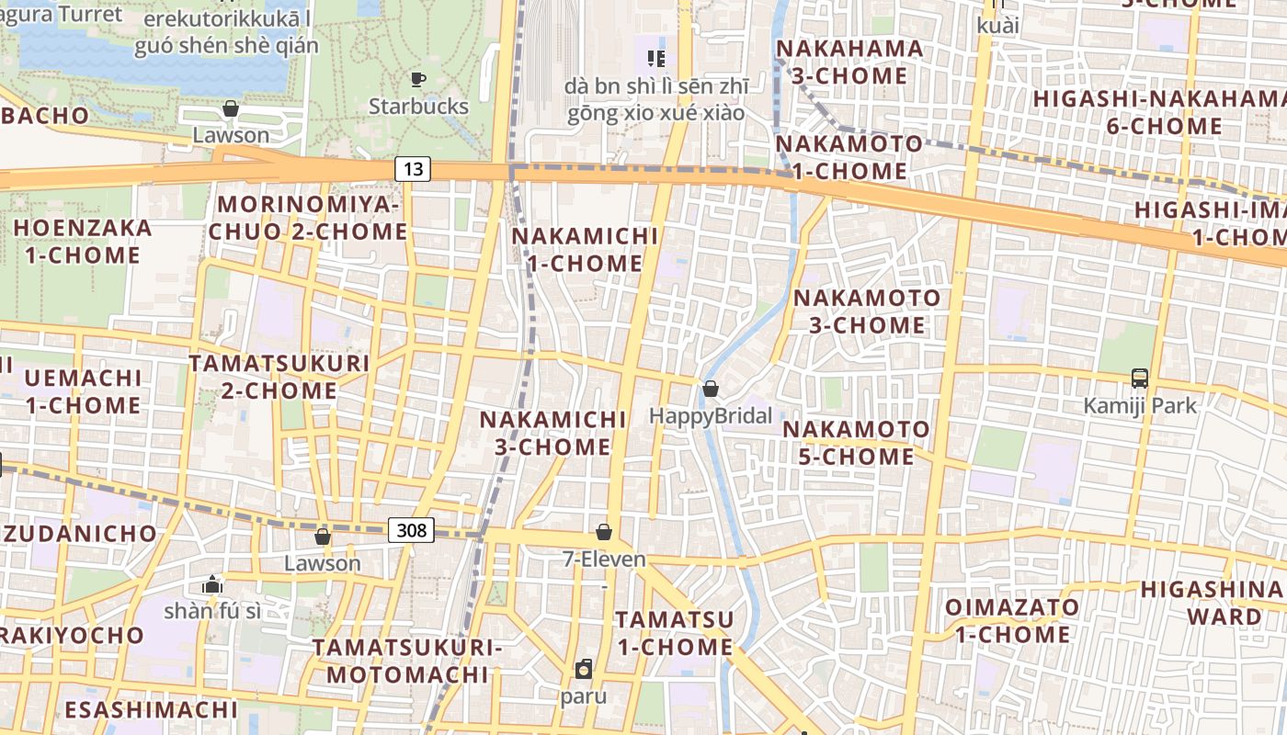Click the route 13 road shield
[414, 168]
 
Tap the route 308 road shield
[411, 529]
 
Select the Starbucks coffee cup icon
[418, 80]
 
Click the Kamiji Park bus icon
[1140, 378]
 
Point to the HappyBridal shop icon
[710, 390]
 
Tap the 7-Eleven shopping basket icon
[604, 532]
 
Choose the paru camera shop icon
[584, 669]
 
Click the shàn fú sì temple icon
[212, 584]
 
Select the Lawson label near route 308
[322, 563]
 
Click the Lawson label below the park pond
[231, 135]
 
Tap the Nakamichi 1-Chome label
[586, 250]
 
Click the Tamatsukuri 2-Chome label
[279, 377]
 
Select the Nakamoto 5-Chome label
[856, 443]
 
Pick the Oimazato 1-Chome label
[1012, 620]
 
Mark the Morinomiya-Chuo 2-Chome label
[307, 218]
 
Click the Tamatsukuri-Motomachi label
[407, 661]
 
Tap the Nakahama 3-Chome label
[850, 62]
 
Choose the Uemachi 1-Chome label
[83, 391]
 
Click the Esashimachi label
[151, 709]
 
